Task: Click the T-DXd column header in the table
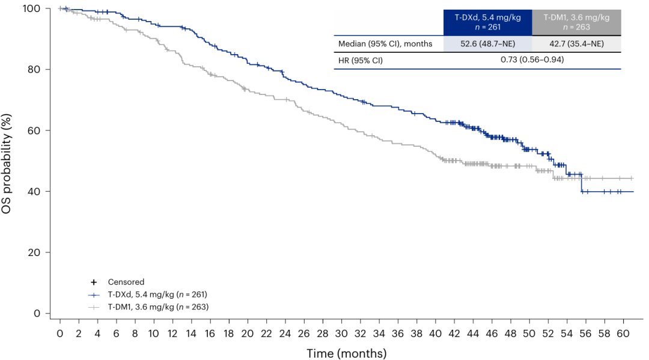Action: (x=487, y=22)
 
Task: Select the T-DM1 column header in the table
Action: (x=576, y=22)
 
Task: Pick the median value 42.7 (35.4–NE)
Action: (x=576, y=44)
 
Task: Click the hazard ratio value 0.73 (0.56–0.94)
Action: (x=532, y=60)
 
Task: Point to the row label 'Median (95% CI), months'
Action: (x=385, y=44)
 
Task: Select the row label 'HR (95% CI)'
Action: (x=361, y=60)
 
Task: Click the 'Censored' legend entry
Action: (x=126, y=282)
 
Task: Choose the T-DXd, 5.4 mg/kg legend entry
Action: (x=157, y=294)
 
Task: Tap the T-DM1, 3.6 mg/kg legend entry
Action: (x=158, y=307)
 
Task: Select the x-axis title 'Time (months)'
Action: (x=347, y=353)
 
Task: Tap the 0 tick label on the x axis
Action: (x=59, y=333)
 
